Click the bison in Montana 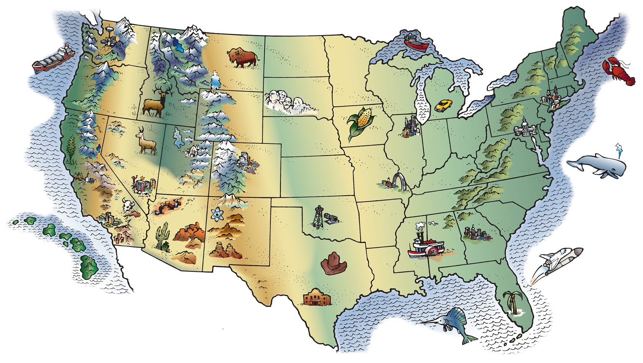[x=242, y=58]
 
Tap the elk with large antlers [x=155, y=103]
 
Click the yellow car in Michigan [x=443, y=105]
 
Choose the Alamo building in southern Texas [x=317, y=297]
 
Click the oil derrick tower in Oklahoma [x=319, y=217]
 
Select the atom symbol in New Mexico [x=216, y=215]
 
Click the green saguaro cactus [x=162, y=236]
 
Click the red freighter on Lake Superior [x=416, y=41]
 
